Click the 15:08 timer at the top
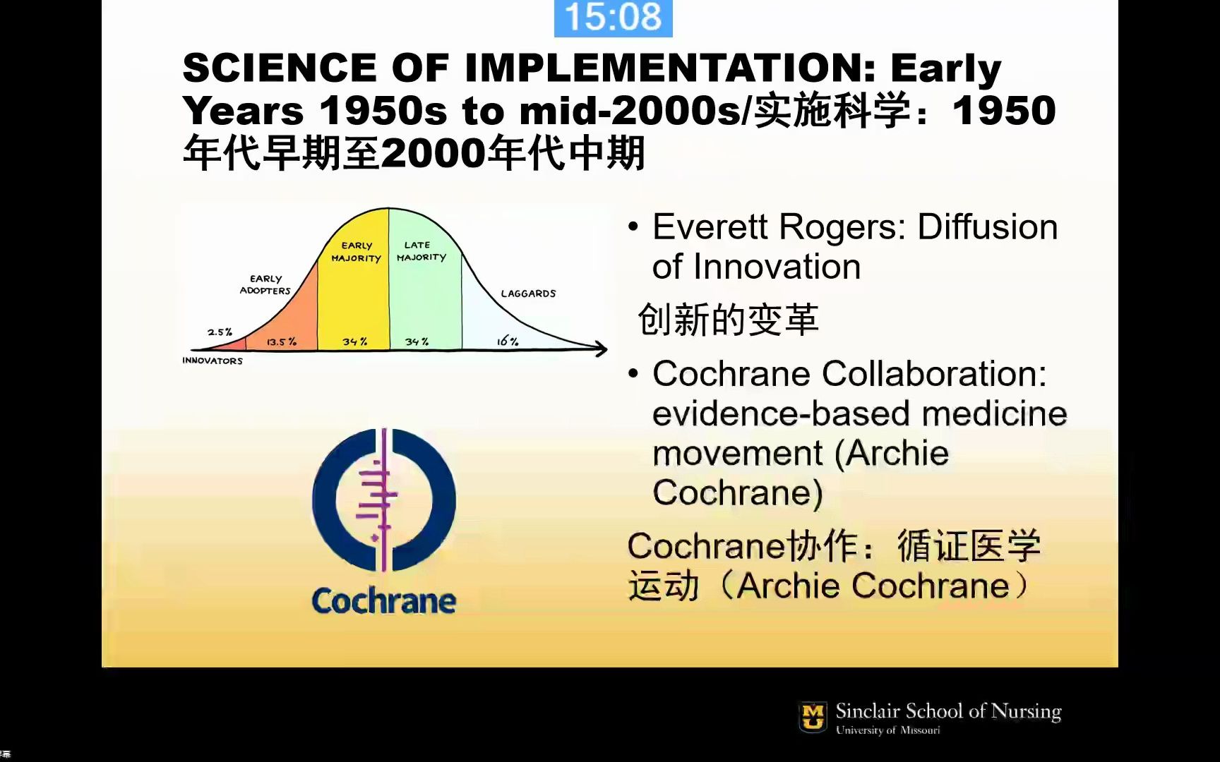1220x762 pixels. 613,17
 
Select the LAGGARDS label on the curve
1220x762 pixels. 528,294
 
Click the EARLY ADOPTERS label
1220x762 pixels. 265,284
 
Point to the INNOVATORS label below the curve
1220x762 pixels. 213,361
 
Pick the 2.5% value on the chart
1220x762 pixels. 220,332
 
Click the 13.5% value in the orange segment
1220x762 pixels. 282,341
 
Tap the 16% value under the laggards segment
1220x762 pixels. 508,341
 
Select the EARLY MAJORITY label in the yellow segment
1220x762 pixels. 357,252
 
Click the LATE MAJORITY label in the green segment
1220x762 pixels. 421,251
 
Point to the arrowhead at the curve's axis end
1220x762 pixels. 601,349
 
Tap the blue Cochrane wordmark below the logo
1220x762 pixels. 384,601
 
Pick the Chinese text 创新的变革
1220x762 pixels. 728,320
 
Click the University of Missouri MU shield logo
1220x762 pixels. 813,717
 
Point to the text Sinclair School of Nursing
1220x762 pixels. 948,710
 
